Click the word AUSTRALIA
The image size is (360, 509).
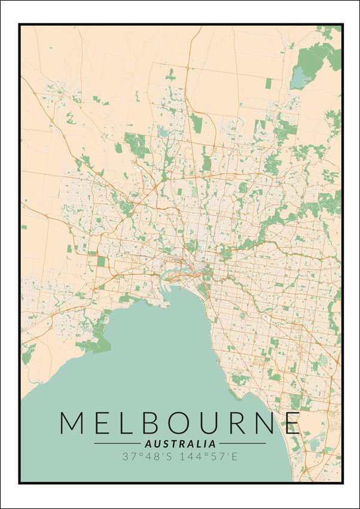(180, 444)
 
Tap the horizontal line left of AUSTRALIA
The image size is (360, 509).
(117, 444)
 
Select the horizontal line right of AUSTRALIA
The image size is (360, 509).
(242, 444)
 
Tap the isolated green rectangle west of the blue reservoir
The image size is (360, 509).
(269, 83)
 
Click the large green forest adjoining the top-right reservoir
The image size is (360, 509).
(314, 57)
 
